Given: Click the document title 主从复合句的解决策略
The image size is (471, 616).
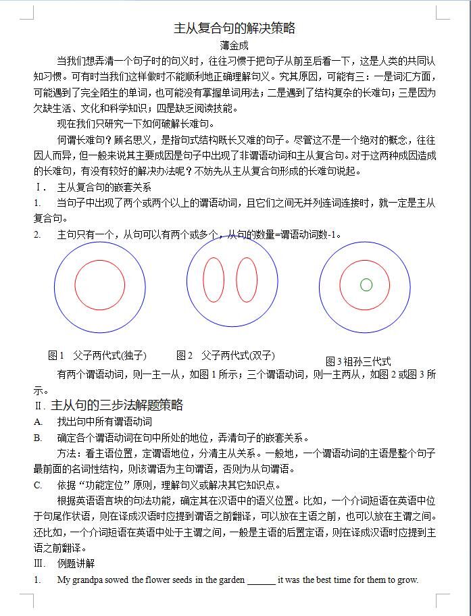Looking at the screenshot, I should (234, 28).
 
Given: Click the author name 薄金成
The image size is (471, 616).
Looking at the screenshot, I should (234, 46).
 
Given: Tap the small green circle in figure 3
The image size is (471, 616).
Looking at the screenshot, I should (366, 285).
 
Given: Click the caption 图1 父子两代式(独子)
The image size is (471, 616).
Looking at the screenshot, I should (97, 356).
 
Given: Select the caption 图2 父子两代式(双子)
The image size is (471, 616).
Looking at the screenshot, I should (226, 356).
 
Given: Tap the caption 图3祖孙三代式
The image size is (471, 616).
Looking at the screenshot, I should (358, 362).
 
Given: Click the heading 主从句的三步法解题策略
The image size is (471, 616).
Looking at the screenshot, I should (117, 405).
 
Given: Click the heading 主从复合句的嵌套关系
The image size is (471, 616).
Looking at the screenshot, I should (104, 187).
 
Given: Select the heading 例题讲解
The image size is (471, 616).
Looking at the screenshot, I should (76, 563).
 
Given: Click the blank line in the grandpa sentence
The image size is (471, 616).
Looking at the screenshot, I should (262, 580).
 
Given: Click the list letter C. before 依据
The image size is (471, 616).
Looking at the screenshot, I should (38, 485).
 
